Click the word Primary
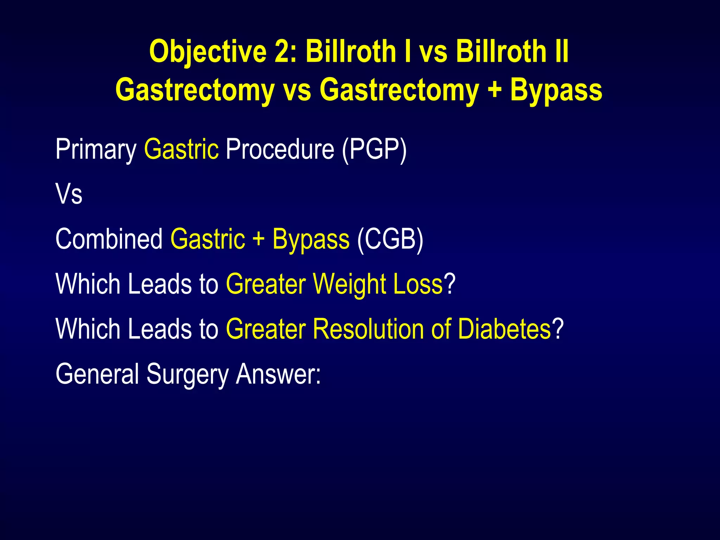click(x=96, y=150)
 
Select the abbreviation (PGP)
click(x=374, y=150)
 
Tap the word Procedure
click(x=280, y=150)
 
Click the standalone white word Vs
click(x=69, y=194)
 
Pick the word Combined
click(x=109, y=239)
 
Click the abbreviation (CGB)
click(x=390, y=239)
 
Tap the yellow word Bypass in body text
click(x=311, y=239)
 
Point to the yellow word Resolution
click(x=368, y=329)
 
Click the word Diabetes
click(x=504, y=329)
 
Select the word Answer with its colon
click(x=278, y=374)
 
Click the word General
click(x=97, y=374)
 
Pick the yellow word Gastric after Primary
click(x=181, y=150)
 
